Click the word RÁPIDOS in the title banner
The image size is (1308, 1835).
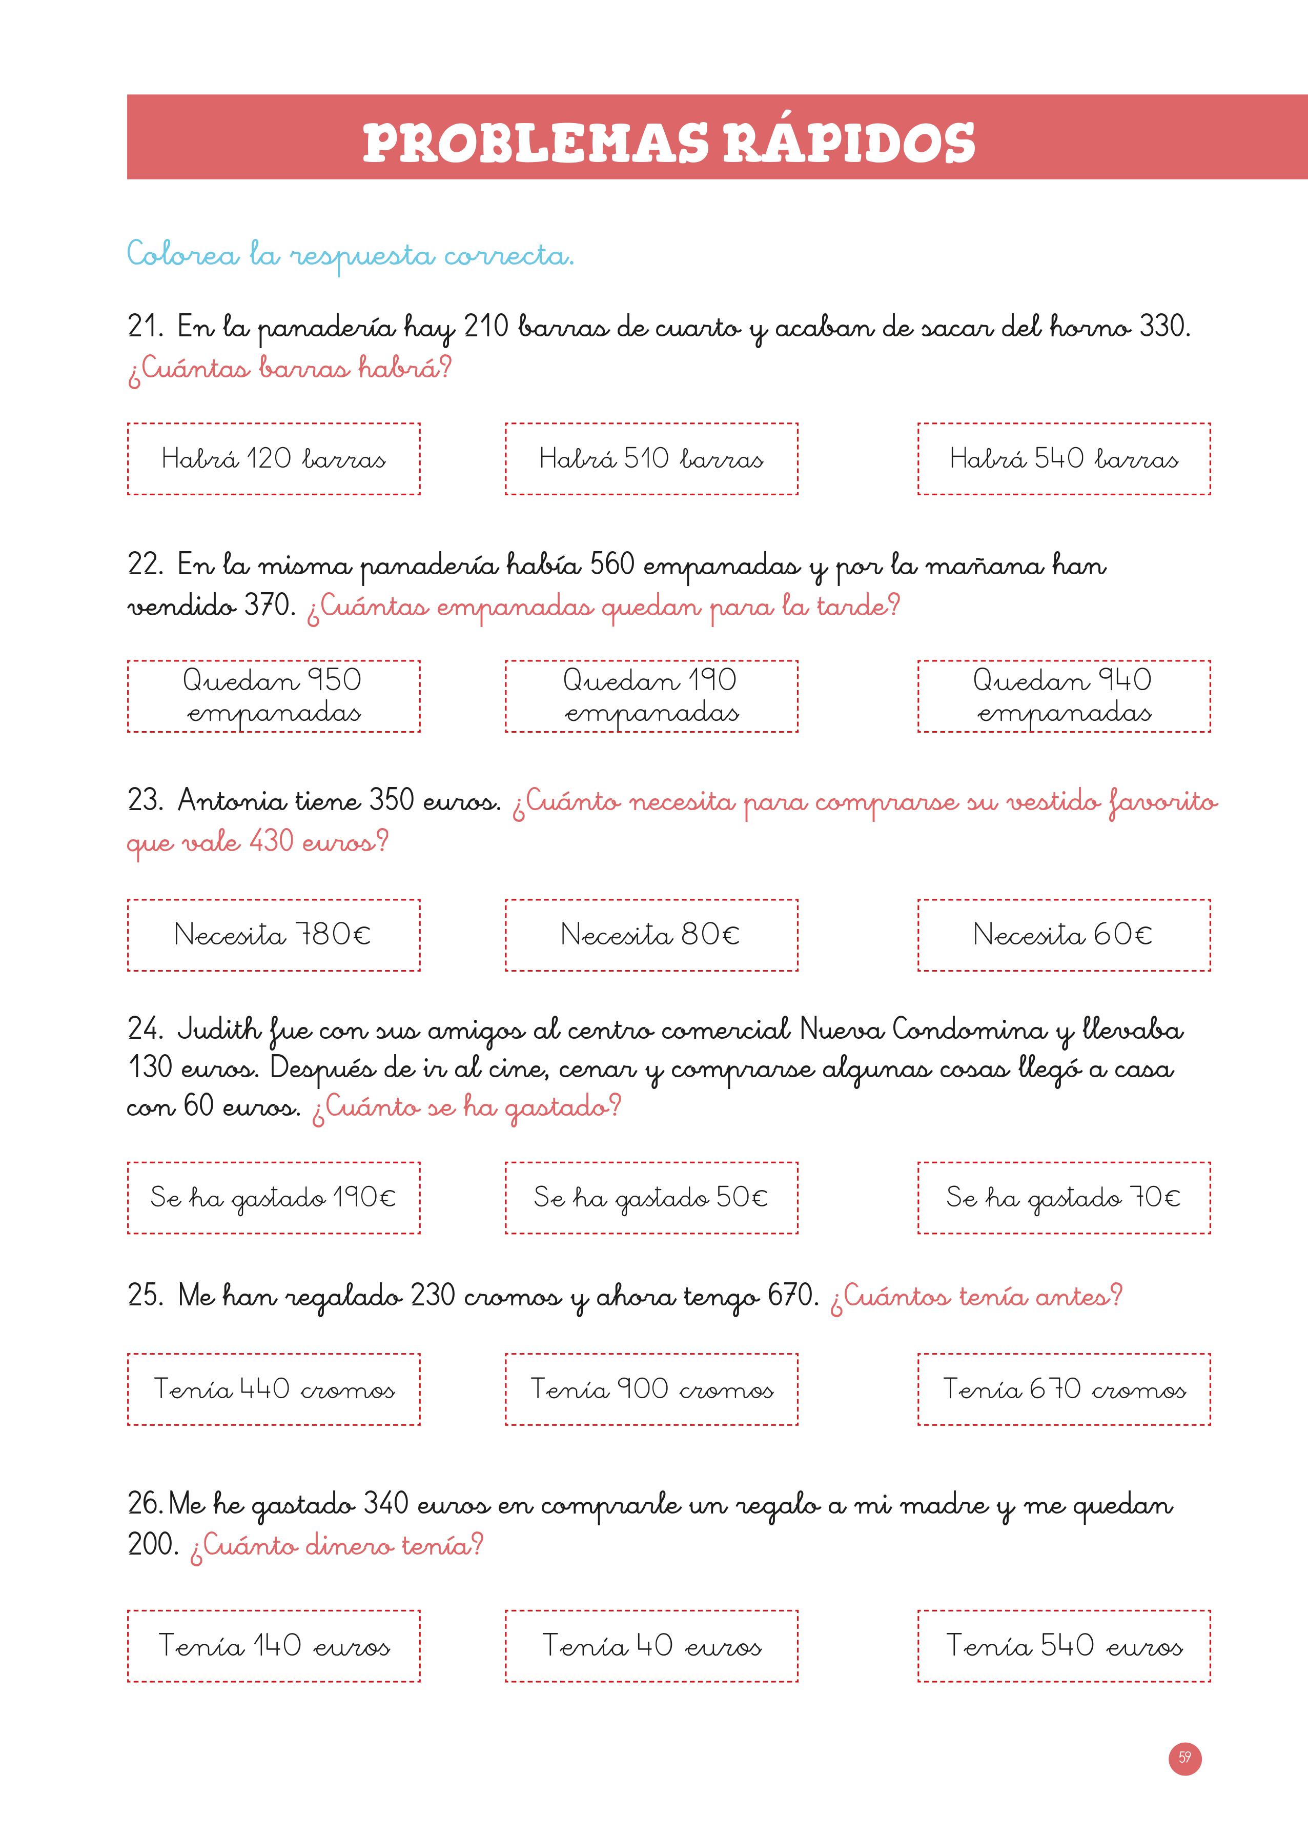[x=848, y=144]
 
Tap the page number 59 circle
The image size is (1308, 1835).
[x=1185, y=1758]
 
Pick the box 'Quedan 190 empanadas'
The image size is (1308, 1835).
[x=651, y=696]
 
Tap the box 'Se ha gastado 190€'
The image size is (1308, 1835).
[x=274, y=1198]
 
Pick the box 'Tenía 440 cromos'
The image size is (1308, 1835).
[x=274, y=1389]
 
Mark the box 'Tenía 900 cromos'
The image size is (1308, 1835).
[x=651, y=1389]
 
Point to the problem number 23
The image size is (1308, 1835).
[x=145, y=801]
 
